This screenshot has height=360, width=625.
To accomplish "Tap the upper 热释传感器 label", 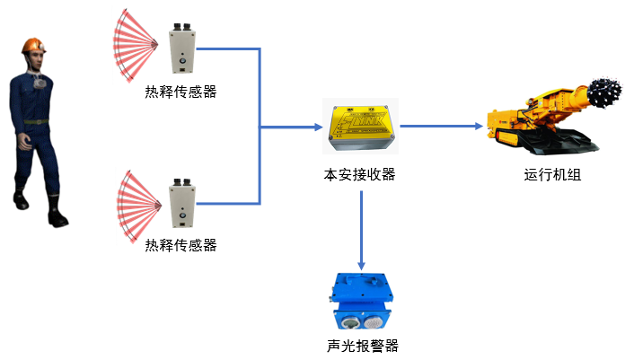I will pos(180,92).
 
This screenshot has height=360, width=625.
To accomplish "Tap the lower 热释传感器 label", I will pos(180,245).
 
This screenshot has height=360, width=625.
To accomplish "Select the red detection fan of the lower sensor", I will pos(135,203).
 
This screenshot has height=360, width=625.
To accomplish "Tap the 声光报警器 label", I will pos(361,346).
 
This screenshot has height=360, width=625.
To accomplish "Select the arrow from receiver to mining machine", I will pos(440,127).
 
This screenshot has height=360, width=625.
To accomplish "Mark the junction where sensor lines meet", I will pos(260,127).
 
